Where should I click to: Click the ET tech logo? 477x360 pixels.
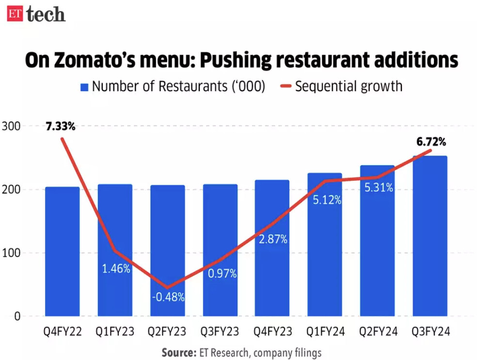point(36,14)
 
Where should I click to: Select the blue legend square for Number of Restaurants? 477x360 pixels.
point(84,87)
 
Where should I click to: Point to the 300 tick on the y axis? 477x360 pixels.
point(10,126)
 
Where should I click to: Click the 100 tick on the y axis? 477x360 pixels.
point(10,253)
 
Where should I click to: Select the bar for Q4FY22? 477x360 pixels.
point(62,252)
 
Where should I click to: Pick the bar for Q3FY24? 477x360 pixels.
point(429,237)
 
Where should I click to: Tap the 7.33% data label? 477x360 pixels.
point(61,127)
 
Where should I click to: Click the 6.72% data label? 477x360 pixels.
point(431,142)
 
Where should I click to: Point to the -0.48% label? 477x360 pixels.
point(168,297)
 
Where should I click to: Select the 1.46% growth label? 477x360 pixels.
point(115,268)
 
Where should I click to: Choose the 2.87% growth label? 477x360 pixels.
point(273,239)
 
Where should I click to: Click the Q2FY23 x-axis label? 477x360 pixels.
point(167,332)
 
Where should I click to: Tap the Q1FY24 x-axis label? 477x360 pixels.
point(325,332)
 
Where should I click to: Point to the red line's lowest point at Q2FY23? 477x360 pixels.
point(167,288)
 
